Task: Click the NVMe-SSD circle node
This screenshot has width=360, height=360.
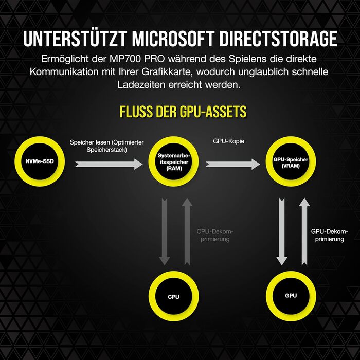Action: pos(40,161)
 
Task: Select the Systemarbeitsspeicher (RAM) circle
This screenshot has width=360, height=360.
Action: pos(174,161)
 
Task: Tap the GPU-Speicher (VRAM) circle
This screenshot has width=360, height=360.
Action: pos(291,161)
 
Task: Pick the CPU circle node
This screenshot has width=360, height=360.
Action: pos(174,296)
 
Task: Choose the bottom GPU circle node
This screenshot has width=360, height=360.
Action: pos(291,296)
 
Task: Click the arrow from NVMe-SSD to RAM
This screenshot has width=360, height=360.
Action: pos(109,164)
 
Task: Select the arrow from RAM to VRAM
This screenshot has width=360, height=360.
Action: pos(233,164)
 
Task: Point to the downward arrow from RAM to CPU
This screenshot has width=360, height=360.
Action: pos(165,232)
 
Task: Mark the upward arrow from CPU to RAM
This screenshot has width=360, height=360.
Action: pos(187,232)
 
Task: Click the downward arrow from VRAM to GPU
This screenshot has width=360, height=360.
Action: pos(282,232)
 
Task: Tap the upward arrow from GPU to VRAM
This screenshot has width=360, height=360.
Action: pos(304,232)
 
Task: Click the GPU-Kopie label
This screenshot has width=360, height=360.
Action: pos(229,141)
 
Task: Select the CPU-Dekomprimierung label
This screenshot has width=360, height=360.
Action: pos(215,236)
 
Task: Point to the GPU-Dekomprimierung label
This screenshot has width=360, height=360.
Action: pos(330,236)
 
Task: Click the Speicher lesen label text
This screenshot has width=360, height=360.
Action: pos(107,146)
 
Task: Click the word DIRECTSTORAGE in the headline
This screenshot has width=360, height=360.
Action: pos(278,39)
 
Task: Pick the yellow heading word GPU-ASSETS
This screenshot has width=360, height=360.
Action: pos(213,112)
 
